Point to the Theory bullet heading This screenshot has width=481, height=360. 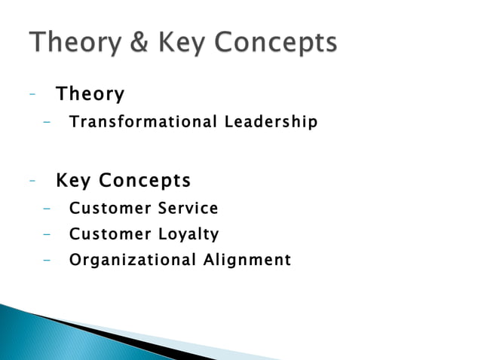(90, 95)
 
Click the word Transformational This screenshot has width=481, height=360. (133, 121)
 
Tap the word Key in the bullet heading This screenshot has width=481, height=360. (73, 182)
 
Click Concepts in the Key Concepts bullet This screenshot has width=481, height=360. (146, 182)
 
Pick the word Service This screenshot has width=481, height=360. (188, 208)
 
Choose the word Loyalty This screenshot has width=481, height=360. (188, 234)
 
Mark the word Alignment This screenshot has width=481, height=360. (247, 261)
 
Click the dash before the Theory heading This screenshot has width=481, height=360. (32, 95)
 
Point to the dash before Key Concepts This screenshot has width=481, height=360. (32, 182)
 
